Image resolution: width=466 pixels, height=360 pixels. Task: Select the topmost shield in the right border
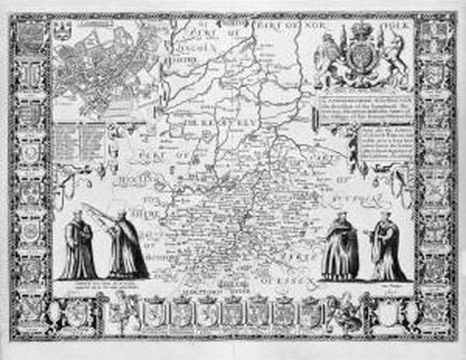pyautogui.click(x=436, y=34)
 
